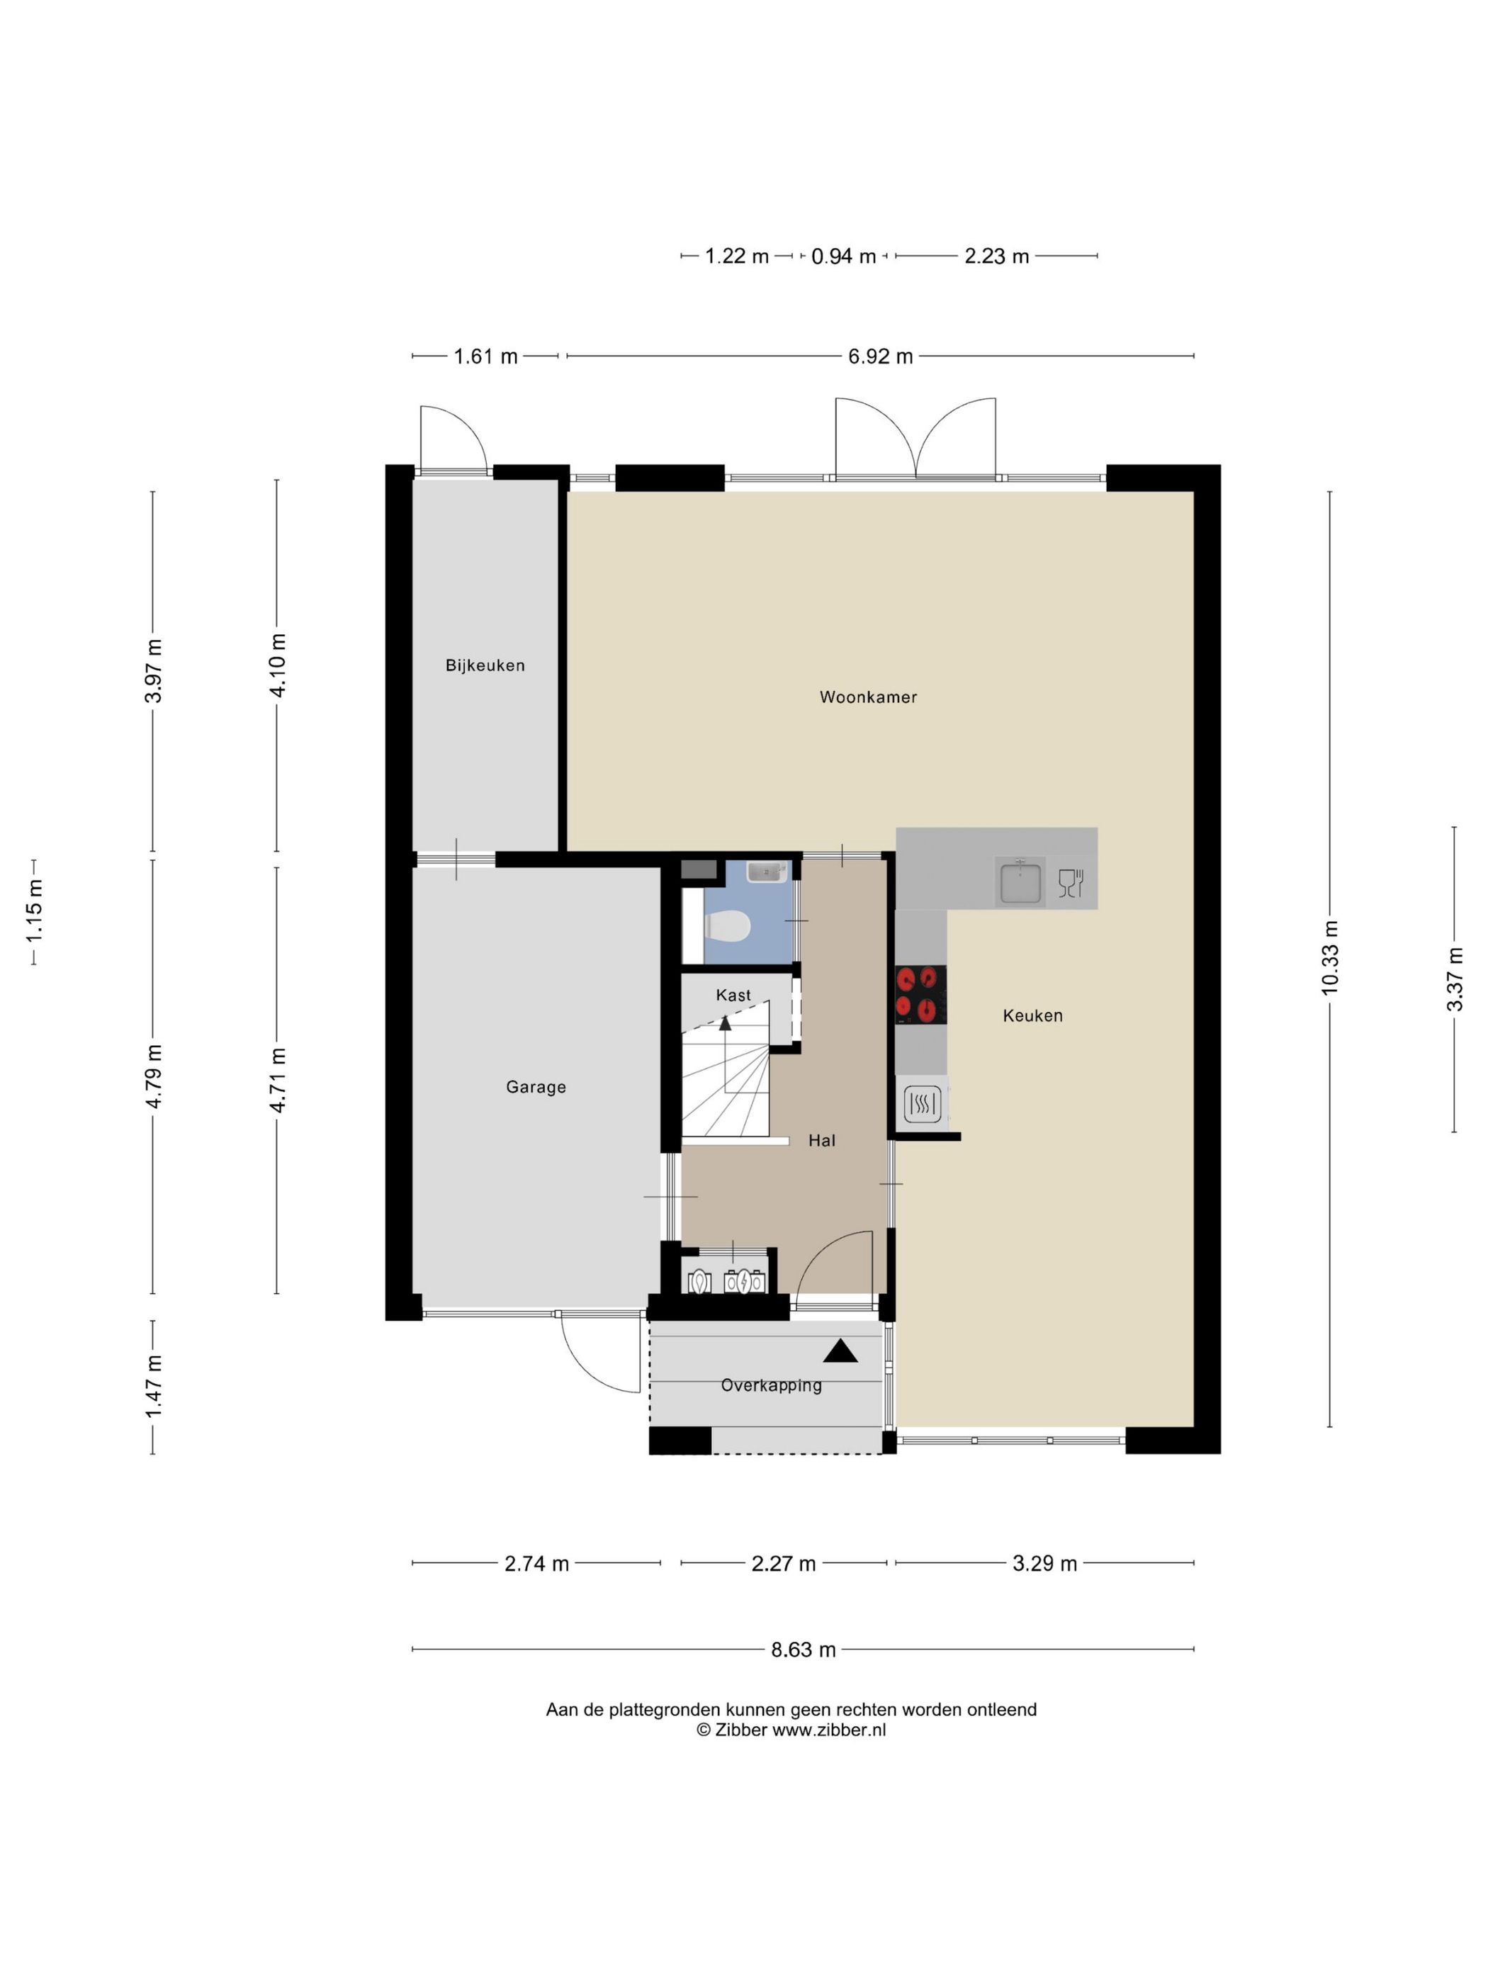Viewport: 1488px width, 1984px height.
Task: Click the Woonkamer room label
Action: point(868,697)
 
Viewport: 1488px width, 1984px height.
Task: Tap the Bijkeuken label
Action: point(485,665)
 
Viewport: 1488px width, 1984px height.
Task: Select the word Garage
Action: point(536,1087)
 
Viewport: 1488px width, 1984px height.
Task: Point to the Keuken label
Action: point(1032,1015)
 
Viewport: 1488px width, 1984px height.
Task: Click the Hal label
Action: point(821,1140)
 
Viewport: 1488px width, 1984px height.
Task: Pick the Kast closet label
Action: point(733,995)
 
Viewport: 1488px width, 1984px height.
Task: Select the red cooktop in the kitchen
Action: point(920,994)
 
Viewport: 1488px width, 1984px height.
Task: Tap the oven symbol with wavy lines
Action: point(922,1104)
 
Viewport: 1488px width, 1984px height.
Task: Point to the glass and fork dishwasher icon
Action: point(1071,883)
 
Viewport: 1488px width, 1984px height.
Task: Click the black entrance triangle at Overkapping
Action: point(840,1351)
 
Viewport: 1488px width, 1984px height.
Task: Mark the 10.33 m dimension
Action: point(1329,957)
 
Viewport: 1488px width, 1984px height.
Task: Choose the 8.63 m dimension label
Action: point(804,1650)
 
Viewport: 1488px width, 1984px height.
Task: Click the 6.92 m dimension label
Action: point(881,356)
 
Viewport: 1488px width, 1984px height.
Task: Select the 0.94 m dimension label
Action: point(843,257)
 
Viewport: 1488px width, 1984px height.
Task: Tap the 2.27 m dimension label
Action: point(784,1563)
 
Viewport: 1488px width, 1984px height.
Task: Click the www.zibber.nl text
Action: point(829,1730)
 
